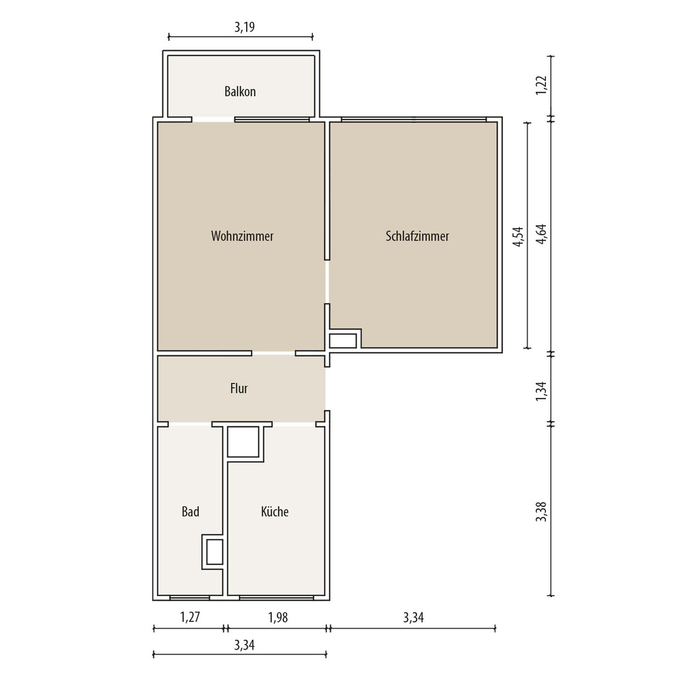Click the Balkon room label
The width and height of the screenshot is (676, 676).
pos(240,91)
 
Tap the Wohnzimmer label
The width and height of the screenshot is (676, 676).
pos(242,236)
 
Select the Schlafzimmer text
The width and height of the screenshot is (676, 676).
pos(417,236)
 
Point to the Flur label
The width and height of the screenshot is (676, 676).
pos(239,388)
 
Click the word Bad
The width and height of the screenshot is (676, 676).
pos(190,512)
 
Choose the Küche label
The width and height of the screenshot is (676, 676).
pos(275,512)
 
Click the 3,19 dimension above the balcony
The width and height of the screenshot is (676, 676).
pos(244,27)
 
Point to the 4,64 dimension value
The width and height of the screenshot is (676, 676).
pos(541,234)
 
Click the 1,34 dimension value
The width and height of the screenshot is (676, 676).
pos(541,391)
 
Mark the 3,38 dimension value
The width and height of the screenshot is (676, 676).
pos(541,512)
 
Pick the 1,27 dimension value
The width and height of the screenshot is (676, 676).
pos(189,617)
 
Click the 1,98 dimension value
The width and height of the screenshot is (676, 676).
pos(278,617)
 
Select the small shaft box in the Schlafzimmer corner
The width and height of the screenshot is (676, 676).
pos(343,341)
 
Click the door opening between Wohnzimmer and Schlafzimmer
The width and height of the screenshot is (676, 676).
pos(327,282)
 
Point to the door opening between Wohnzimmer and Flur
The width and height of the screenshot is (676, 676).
pos(274,353)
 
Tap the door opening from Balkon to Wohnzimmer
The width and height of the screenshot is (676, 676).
pos(213,119)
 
